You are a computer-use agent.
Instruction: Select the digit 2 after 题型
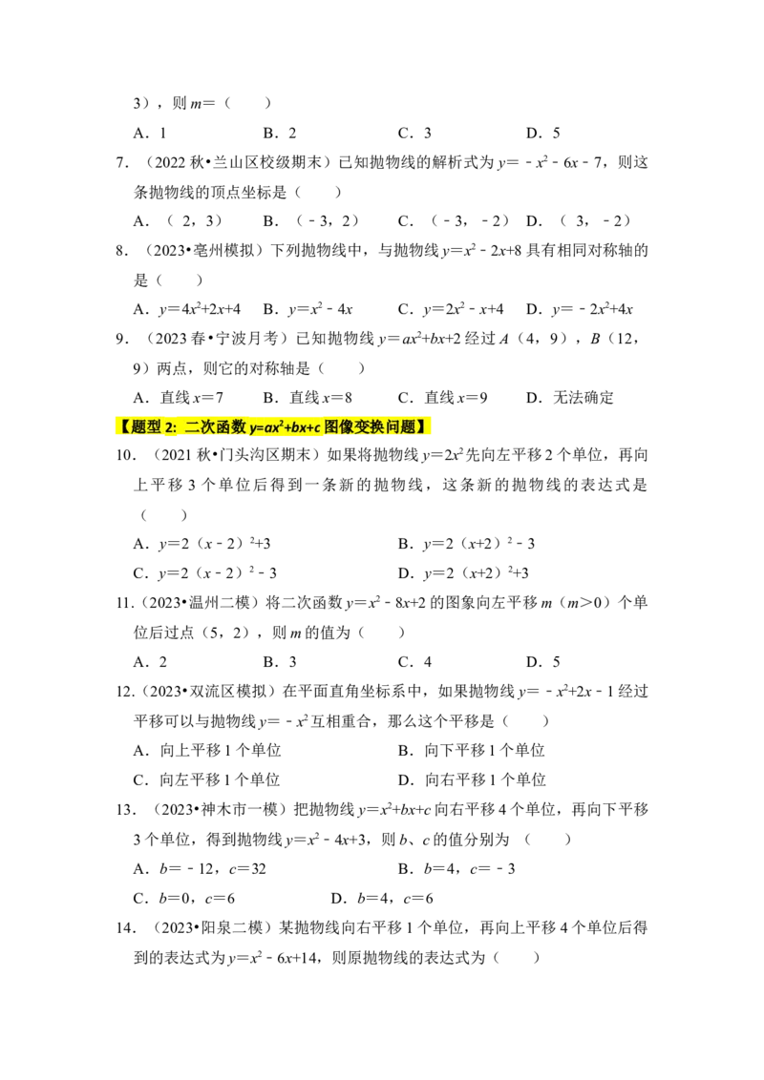(x=168, y=427)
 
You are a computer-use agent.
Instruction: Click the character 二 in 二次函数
(x=192, y=426)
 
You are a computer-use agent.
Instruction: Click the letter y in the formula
(x=252, y=428)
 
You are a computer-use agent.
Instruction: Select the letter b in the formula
(x=295, y=426)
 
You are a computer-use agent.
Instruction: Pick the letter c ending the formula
(x=316, y=427)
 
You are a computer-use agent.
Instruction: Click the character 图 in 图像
(x=331, y=426)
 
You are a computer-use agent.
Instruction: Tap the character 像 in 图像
(x=347, y=426)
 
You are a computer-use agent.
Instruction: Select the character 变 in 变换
(x=363, y=426)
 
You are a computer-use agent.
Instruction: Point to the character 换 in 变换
(x=378, y=426)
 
